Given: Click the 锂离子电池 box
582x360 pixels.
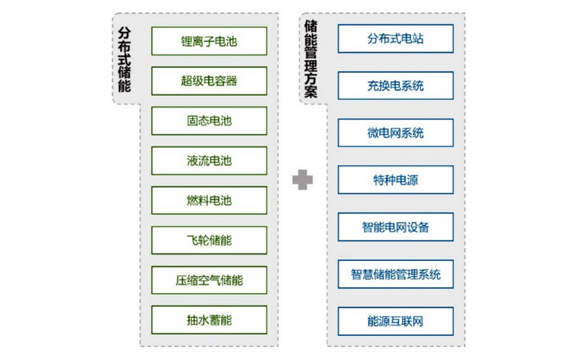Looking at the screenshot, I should tap(209, 41).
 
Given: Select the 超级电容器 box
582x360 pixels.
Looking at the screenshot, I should tap(209, 81).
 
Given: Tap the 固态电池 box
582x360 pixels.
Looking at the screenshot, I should tap(209, 121).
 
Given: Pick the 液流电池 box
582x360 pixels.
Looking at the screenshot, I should tap(209, 161).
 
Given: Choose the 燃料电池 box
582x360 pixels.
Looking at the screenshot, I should tap(209, 200).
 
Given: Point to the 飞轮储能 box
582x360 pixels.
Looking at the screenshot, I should tap(209, 240).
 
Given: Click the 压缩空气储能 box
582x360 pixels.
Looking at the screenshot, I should tap(209, 281).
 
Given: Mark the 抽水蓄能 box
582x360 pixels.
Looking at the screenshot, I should tap(209, 320).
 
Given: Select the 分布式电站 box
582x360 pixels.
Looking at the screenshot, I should tap(395, 39).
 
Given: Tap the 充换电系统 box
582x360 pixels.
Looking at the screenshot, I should tap(395, 85).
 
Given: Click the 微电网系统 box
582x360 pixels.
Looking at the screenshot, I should tap(395, 133).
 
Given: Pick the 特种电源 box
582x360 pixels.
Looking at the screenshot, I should tap(395, 180).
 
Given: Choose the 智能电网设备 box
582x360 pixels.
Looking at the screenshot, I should tap(395, 227).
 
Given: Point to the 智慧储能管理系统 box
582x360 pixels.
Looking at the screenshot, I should tap(395, 274).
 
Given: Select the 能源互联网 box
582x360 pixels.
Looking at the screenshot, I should tap(395, 321).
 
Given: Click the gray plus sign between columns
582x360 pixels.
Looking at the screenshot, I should tap(302, 180).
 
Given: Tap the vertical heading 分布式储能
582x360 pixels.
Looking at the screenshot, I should tap(125, 58).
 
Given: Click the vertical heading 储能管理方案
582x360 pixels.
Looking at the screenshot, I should tap(311, 58).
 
